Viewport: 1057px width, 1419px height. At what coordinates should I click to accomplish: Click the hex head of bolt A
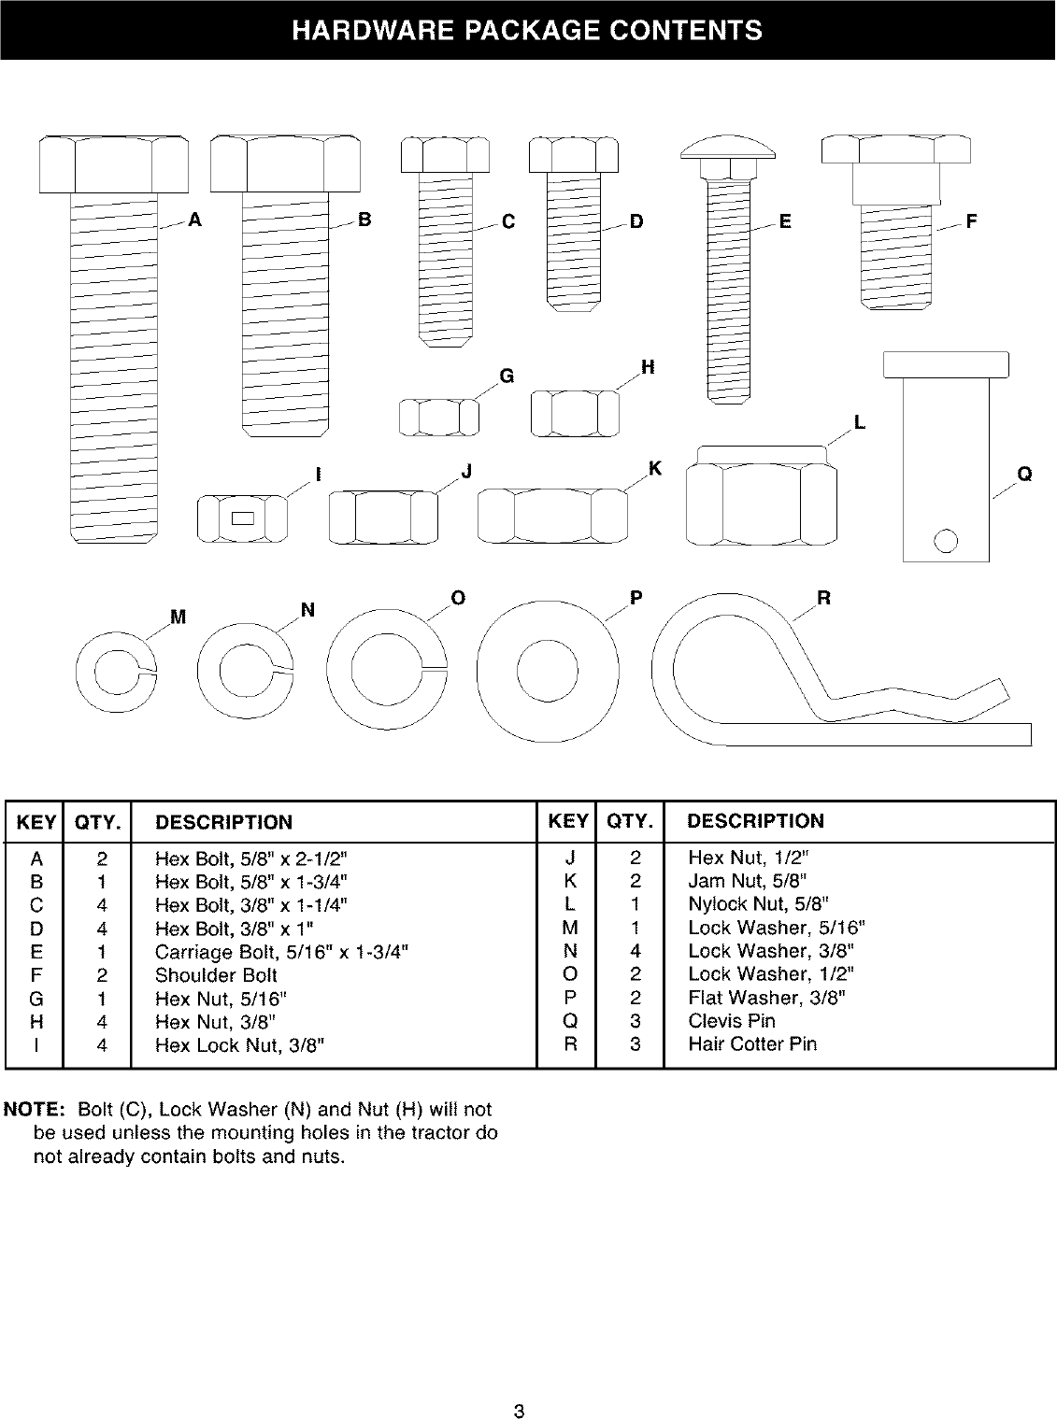[x=113, y=163]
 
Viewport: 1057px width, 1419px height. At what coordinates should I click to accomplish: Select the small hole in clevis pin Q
[x=945, y=541]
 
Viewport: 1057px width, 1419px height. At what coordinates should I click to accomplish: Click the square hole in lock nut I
[x=242, y=518]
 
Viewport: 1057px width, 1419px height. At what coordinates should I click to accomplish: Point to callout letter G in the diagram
[x=507, y=376]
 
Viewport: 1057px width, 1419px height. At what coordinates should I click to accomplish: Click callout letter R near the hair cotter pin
[x=824, y=598]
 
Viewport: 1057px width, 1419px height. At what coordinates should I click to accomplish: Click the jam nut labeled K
[x=551, y=515]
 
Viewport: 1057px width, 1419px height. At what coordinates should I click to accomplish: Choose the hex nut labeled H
[x=575, y=413]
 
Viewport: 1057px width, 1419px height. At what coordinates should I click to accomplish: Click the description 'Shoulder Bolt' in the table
[x=216, y=975]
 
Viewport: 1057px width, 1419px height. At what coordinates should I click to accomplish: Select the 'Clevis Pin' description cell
[x=732, y=1021]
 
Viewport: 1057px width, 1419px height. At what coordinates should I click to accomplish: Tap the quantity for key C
[x=102, y=905]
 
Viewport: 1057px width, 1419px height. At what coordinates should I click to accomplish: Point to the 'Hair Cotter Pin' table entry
[x=751, y=1044]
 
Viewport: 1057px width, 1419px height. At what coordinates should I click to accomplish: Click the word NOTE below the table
[x=34, y=1111]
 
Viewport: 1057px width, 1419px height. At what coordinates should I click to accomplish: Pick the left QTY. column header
[x=97, y=823]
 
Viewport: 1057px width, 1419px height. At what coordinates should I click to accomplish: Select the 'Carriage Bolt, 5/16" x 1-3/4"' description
[x=281, y=952]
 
